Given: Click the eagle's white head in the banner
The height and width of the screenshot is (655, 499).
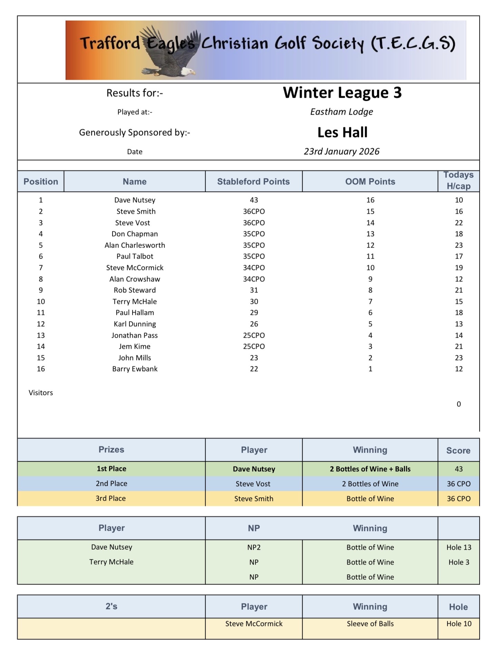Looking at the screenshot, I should pyautogui.click(x=187, y=71).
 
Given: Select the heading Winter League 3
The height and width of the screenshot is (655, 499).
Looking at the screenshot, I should pyautogui.click(x=342, y=93).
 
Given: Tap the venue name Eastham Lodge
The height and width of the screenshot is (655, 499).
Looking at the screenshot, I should pyautogui.click(x=342, y=112).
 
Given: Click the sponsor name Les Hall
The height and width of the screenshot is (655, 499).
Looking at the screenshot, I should pyautogui.click(x=342, y=132).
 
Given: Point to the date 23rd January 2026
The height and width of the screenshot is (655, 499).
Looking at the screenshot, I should pyautogui.click(x=342, y=152).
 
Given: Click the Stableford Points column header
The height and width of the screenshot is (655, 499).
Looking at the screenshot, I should pyautogui.click(x=253, y=182).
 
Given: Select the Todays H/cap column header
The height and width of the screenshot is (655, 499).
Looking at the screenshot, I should pyautogui.click(x=458, y=181).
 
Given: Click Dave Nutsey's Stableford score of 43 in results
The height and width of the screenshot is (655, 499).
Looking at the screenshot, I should pyautogui.click(x=254, y=200).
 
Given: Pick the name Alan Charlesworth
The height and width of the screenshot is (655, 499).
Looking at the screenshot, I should pyautogui.click(x=135, y=245).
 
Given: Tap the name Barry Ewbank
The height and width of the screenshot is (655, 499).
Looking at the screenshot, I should pyautogui.click(x=135, y=369).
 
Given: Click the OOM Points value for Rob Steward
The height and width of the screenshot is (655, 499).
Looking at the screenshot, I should pyautogui.click(x=370, y=290).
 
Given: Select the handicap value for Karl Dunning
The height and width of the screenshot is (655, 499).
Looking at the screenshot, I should pyautogui.click(x=459, y=324).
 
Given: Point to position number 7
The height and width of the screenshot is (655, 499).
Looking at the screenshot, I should pyautogui.click(x=41, y=268).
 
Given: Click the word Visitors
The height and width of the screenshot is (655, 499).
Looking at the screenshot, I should pyautogui.click(x=41, y=393).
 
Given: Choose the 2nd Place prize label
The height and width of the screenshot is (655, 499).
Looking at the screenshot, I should pyautogui.click(x=111, y=483).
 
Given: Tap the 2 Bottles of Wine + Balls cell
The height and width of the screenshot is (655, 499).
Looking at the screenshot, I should pyautogui.click(x=370, y=469).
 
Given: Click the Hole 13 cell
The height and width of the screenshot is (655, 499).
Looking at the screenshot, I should pyautogui.click(x=459, y=547).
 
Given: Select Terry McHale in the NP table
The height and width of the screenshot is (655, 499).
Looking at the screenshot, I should pyautogui.click(x=111, y=562).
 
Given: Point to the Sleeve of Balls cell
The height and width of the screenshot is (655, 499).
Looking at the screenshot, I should pyautogui.click(x=370, y=624).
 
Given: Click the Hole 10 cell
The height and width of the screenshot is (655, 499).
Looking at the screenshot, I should pyautogui.click(x=459, y=624).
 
